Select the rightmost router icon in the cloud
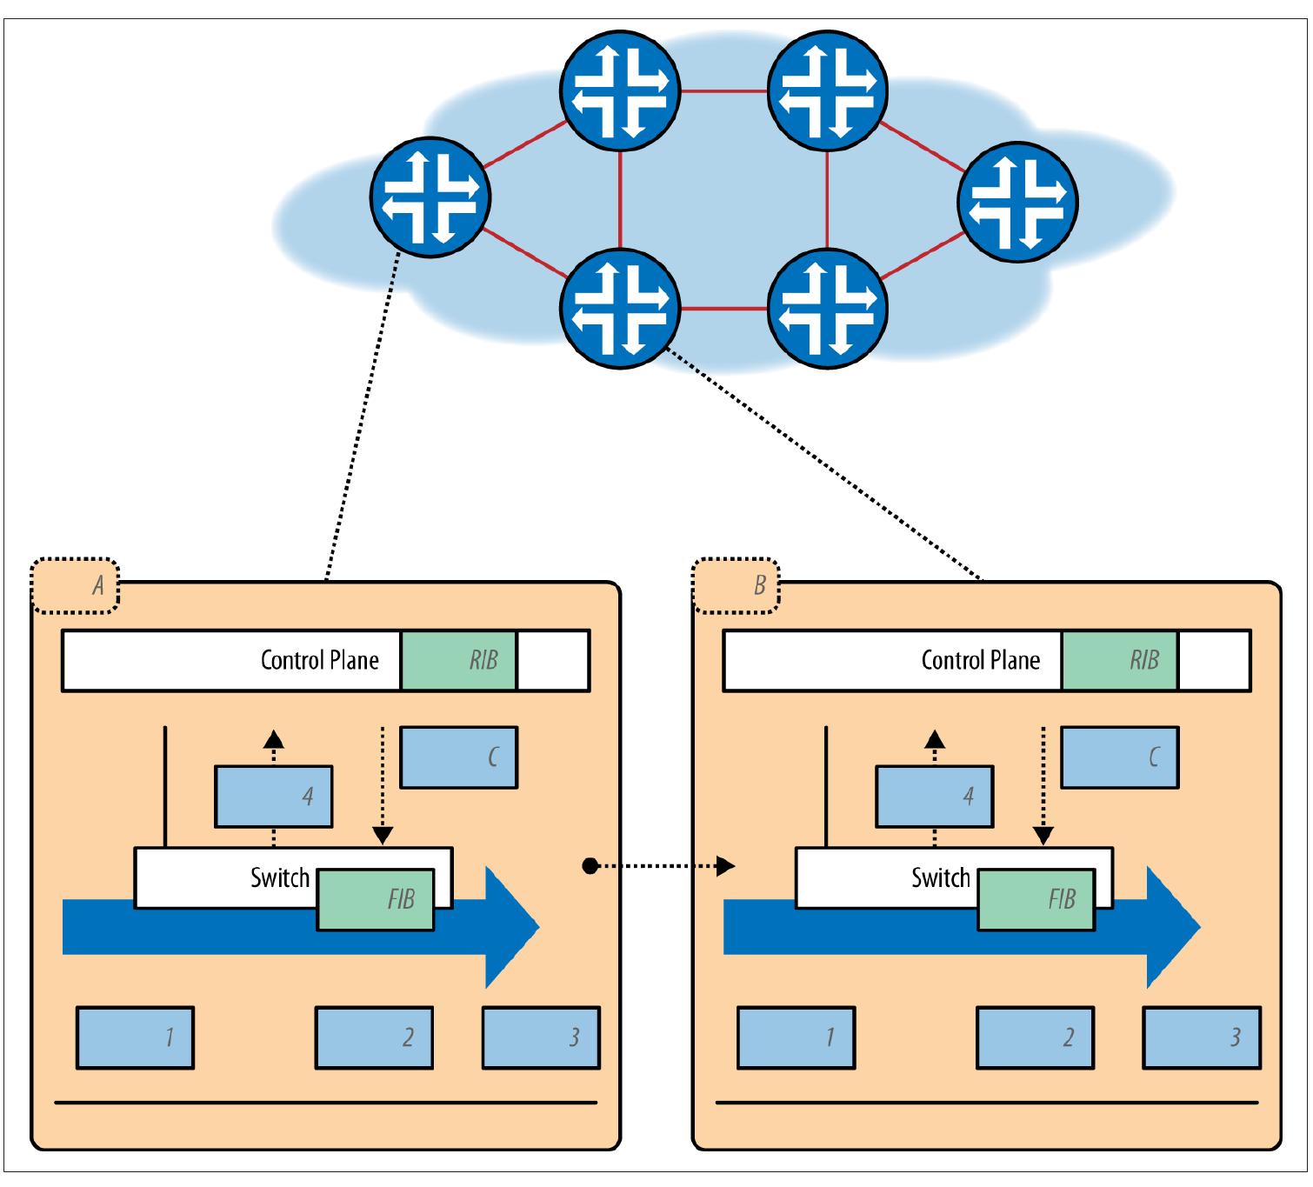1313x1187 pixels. click(x=1017, y=201)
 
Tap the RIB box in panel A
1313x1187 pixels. click(x=458, y=660)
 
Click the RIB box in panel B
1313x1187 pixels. click(x=1119, y=660)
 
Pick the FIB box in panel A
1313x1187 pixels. click(x=376, y=898)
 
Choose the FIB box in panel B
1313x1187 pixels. click(x=1036, y=898)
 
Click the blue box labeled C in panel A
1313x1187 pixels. click(x=458, y=757)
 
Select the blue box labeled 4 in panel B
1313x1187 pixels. click(x=935, y=796)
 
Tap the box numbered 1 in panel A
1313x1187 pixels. click(x=135, y=1037)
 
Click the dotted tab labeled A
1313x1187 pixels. click(x=75, y=585)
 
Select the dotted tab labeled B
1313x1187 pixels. click(x=736, y=585)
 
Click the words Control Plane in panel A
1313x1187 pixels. click(x=319, y=660)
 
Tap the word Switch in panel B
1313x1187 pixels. click(x=940, y=877)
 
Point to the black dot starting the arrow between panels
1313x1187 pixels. click(x=590, y=866)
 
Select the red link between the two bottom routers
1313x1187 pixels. click(x=723, y=308)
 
